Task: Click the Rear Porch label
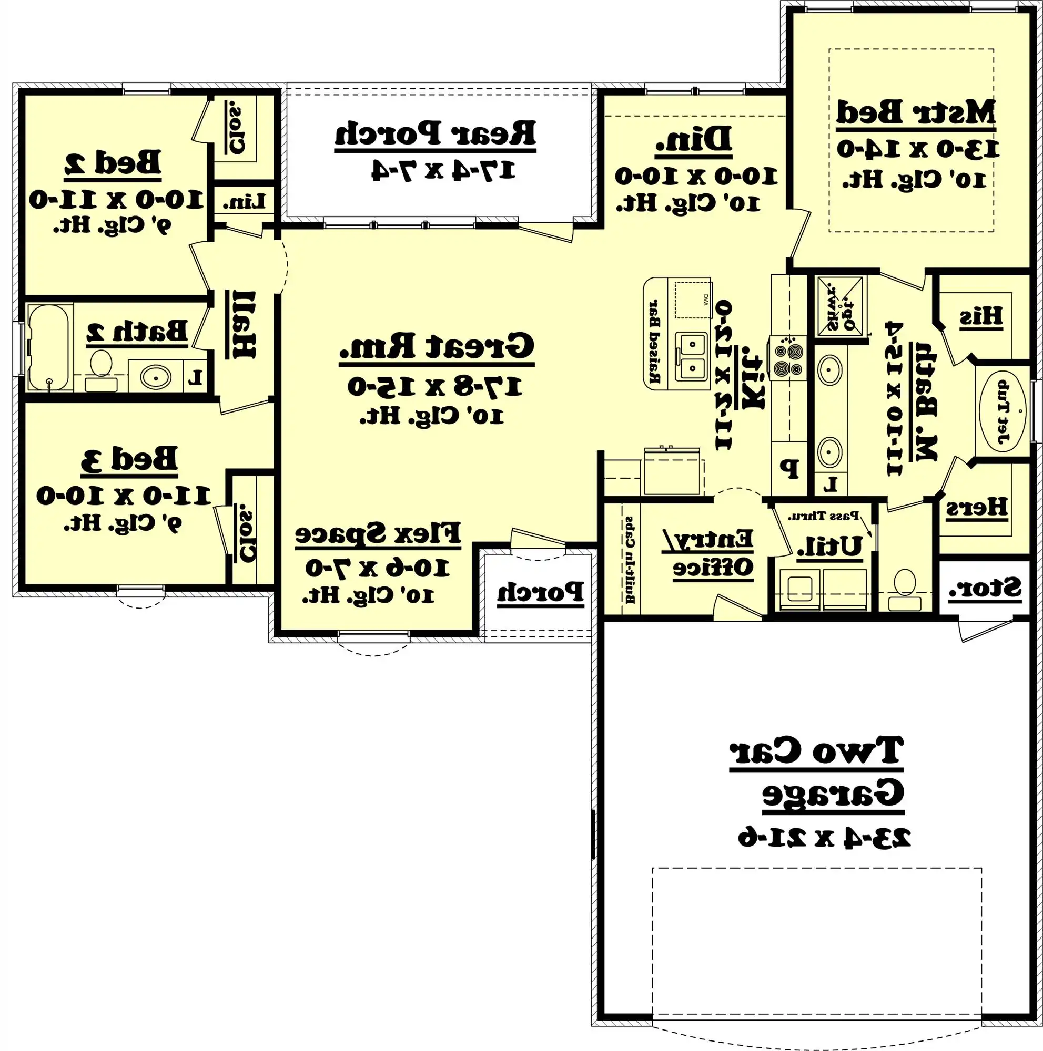coord(435,134)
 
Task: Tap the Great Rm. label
coord(437,346)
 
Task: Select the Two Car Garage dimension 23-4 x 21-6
coord(824,838)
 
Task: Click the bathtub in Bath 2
coord(48,347)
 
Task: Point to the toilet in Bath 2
coord(100,370)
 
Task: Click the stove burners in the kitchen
coord(787,359)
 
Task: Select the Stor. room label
coord(985,589)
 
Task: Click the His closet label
coord(980,316)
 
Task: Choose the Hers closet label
coord(976,508)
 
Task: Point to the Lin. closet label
coord(244,202)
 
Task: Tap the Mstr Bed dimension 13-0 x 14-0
coord(917,149)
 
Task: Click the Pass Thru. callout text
coord(824,515)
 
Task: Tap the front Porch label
coord(540,592)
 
